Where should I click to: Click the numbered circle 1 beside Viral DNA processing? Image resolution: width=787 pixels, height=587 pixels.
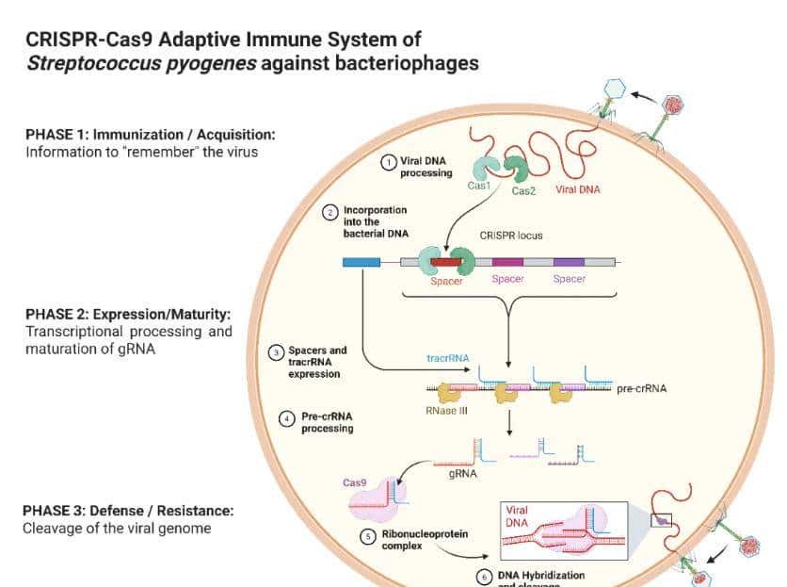pyautogui.click(x=388, y=162)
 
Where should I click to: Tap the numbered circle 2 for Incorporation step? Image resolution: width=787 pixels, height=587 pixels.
pyautogui.click(x=330, y=213)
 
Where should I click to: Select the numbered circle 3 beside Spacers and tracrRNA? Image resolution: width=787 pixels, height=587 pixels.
pyautogui.click(x=276, y=352)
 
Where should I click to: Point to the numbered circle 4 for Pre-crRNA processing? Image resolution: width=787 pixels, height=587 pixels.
pyautogui.click(x=288, y=417)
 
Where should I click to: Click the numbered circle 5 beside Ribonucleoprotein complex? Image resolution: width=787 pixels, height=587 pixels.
pyautogui.click(x=369, y=535)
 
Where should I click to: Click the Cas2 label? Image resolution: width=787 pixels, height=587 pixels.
pyautogui.click(x=523, y=190)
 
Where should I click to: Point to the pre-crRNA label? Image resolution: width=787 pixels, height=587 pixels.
pyautogui.click(x=641, y=388)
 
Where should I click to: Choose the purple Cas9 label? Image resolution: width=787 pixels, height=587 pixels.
pyautogui.click(x=355, y=482)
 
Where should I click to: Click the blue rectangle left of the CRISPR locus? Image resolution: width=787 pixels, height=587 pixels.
pyautogui.click(x=361, y=261)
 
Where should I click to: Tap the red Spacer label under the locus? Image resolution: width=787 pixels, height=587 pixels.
pyautogui.click(x=446, y=281)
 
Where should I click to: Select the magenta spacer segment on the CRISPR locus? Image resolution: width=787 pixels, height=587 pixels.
pyautogui.click(x=507, y=261)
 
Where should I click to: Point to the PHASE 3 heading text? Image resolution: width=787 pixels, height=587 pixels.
pyautogui.click(x=128, y=511)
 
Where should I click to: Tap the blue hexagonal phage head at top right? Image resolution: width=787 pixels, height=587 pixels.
pyautogui.click(x=615, y=88)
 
